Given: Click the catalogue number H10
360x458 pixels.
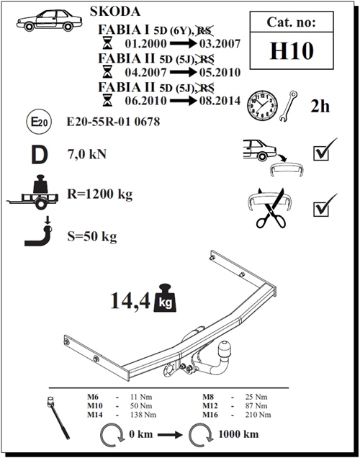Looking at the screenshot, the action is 292,51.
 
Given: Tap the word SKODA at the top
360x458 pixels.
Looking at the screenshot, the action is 115,12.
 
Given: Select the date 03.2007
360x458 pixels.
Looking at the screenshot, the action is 220,43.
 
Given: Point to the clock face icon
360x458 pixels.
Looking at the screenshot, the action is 262,105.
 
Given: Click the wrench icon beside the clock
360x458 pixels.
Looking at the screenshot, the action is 288,106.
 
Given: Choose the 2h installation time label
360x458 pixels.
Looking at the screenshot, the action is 320,106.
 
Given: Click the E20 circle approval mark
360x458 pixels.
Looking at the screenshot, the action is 39,122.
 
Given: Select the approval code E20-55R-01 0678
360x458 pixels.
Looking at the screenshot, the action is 113,122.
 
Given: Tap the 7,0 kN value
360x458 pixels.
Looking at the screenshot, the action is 87,154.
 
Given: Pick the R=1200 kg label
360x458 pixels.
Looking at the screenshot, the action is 100,194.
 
